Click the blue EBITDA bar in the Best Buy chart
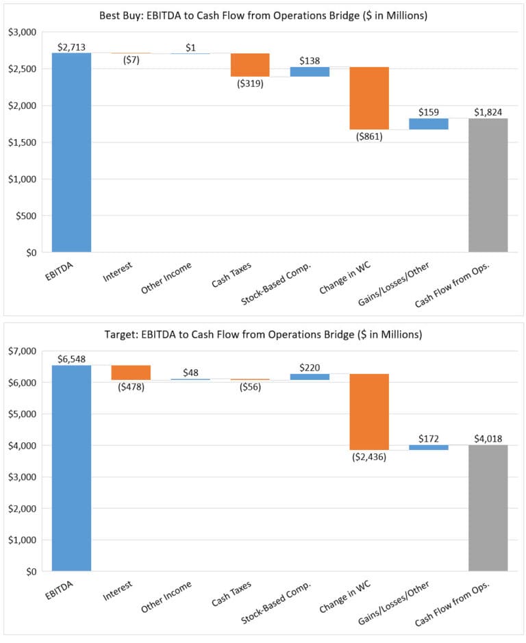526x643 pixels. pyautogui.click(x=71, y=152)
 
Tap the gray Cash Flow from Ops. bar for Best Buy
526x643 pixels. pyautogui.click(x=488, y=185)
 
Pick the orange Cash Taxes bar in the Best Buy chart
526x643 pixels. pyautogui.click(x=250, y=64)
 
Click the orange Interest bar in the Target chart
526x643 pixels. pyautogui.click(x=131, y=373)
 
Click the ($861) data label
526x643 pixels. pyautogui.click(x=369, y=136)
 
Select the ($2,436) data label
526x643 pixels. pyautogui.click(x=369, y=457)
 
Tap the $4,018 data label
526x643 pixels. pyautogui.click(x=488, y=438)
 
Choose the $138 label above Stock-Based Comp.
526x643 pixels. pyautogui.click(x=310, y=60)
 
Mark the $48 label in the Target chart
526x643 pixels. pyautogui.click(x=190, y=373)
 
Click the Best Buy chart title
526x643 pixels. pyautogui.click(x=263, y=15)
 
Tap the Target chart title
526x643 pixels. pyautogui.click(x=263, y=335)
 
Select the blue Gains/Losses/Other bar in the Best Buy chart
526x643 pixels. pyautogui.click(x=428, y=124)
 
